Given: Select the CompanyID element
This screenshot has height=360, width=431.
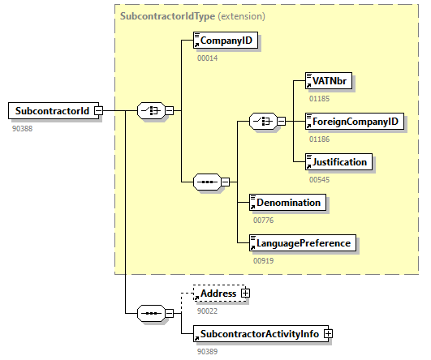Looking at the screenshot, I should click(x=226, y=41).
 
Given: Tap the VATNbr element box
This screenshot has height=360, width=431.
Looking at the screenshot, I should click(x=331, y=82).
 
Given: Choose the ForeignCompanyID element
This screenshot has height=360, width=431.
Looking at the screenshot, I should click(x=354, y=122).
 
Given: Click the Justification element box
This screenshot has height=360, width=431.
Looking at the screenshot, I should click(x=338, y=161).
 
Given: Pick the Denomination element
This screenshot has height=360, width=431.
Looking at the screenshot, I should click(x=287, y=202).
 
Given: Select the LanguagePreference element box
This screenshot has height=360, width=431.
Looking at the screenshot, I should click(x=303, y=242).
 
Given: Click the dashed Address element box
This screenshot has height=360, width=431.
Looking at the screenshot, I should click(x=218, y=293).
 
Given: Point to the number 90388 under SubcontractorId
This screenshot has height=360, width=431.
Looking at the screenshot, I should click(x=22, y=128).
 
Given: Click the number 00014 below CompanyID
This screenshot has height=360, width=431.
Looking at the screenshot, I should click(x=208, y=58).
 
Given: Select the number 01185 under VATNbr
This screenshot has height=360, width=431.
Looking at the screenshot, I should click(x=320, y=99).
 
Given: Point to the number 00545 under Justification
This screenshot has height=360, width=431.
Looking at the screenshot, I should click(x=320, y=178).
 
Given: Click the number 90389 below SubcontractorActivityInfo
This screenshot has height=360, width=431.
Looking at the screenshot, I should click(x=208, y=350).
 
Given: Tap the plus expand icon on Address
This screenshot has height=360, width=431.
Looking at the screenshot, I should click(x=245, y=293).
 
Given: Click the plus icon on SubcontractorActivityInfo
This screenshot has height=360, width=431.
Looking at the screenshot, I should click(x=330, y=333).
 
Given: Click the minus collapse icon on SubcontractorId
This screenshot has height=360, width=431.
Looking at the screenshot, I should click(x=97, y=111).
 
